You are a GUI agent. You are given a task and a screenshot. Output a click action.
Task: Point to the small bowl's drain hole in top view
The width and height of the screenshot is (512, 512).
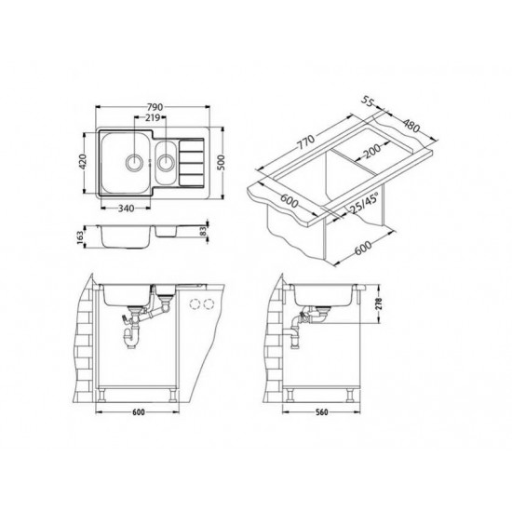coord(166,164)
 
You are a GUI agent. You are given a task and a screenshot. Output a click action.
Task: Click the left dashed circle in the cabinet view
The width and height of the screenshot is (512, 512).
coord(195,304)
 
